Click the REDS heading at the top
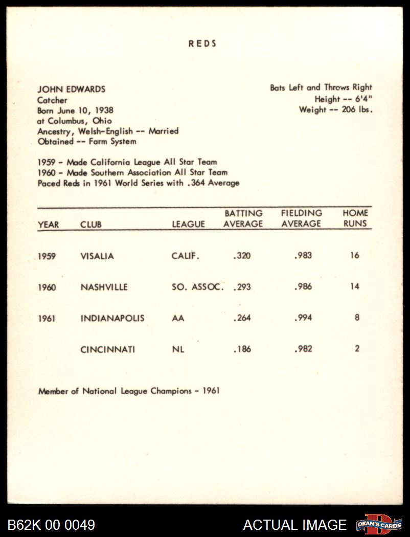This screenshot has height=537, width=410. coord(202,43)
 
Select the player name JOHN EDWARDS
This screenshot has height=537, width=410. coord(71,89)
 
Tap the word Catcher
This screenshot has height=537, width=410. coord(52,100)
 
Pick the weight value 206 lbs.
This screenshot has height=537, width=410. coord(352,110)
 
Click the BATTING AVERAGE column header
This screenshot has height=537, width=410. coord(243,218)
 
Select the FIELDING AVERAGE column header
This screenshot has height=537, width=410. coord(302,218)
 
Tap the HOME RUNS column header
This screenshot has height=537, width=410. coord(355,218)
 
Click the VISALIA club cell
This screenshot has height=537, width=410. coord(97,256)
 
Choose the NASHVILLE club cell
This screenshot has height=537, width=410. coord(104,287)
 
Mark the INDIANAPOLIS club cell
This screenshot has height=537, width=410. coord(112,319)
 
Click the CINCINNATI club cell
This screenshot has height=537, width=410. coord(108,350)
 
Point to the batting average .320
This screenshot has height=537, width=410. coord(242,256)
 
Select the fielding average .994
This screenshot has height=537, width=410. coord(303,318)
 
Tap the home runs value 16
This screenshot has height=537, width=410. coord(355,255)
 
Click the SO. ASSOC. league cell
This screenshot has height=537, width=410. coord(198,287)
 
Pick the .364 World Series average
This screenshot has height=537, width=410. coord(197,183)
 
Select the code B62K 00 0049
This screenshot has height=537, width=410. coord(51,525)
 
